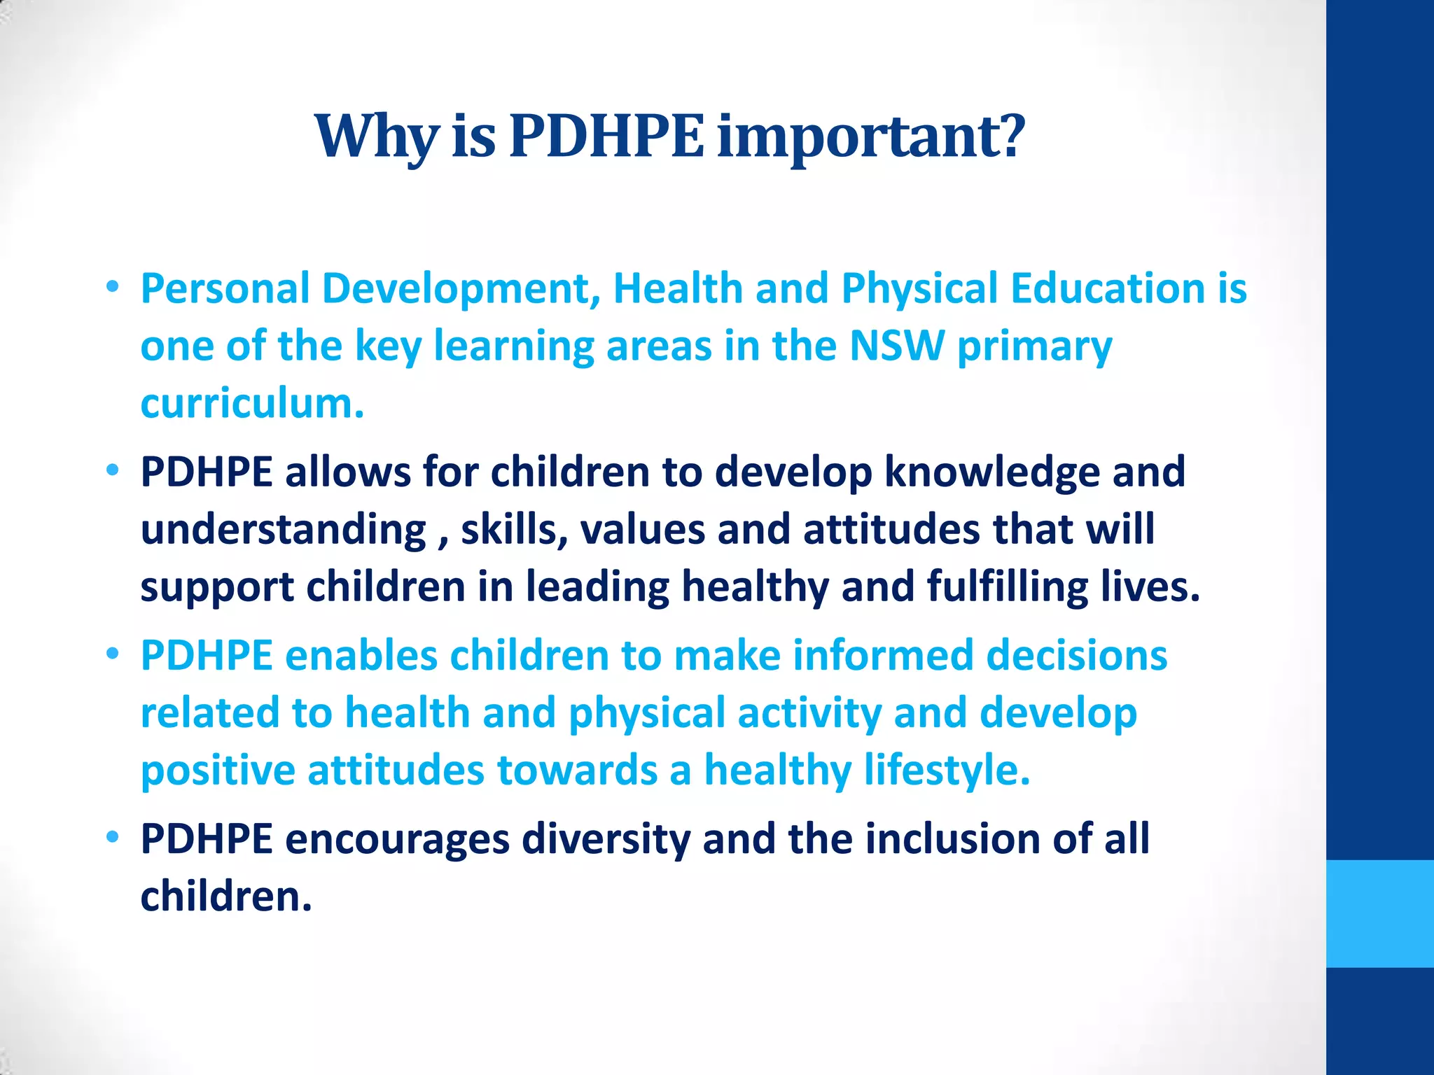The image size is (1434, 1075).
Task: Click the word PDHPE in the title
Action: point(606,136)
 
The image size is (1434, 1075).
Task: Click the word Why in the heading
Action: point(376,136)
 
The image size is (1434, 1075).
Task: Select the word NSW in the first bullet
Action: point(896,346)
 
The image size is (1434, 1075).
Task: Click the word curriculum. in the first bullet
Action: point(253,404)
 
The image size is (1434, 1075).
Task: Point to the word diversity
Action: point(606,839)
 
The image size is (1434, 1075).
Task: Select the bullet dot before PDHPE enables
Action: point(113,654)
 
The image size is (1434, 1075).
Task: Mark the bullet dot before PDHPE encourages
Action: point(113,837)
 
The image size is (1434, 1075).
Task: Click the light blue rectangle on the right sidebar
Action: point(1379,913)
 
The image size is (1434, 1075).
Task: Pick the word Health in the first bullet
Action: point(678,288)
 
